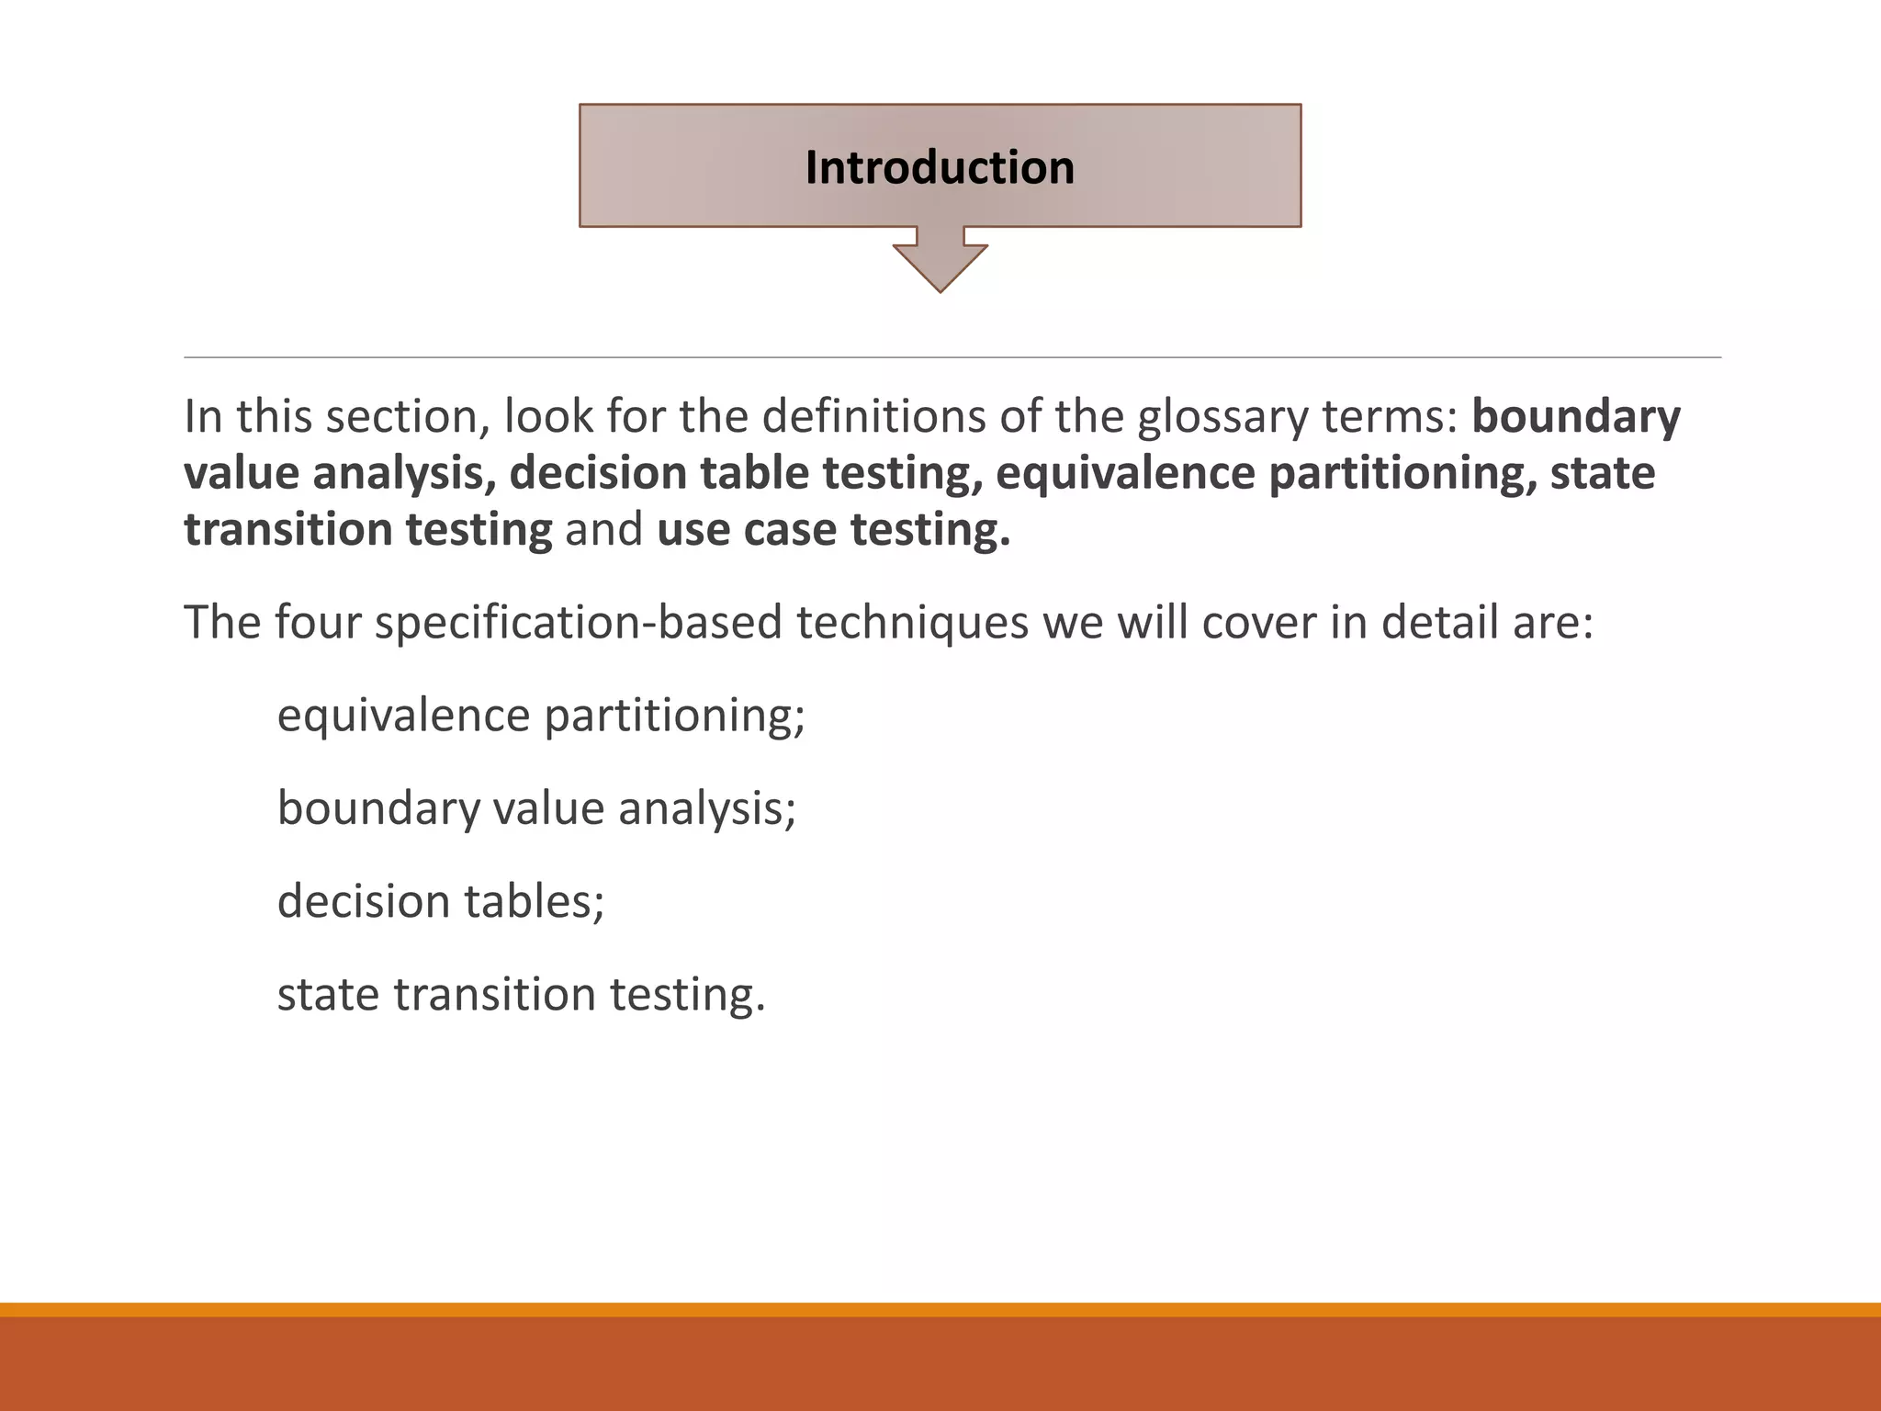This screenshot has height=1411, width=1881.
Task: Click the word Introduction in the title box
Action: pyautogui.click(x=940, y=168)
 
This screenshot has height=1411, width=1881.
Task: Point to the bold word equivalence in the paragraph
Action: pyautogui.click(x=1124, y=473)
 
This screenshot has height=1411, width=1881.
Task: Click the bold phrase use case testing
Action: pyautogui.click(x=833, y=530)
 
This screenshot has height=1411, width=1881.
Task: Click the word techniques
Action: pyautogui.click(x=911, y=622)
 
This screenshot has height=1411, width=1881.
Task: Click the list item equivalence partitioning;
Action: pyautogui.click(x=540, y=716)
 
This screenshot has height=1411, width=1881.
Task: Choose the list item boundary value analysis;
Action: pyautogui.click(x=535, y=808)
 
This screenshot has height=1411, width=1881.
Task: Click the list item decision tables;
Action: pyautogui.click(x=440, y=901)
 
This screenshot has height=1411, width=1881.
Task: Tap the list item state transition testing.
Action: pyautogui.click(x=520, y=994)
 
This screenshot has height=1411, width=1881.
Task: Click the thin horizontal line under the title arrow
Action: pyautogui.click(x=952, y=357)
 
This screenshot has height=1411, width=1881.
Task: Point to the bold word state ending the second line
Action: pyautogui.click(x=1602, y=473)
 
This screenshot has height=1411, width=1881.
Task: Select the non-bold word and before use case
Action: pyautogui.click(x=603, y=530)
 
